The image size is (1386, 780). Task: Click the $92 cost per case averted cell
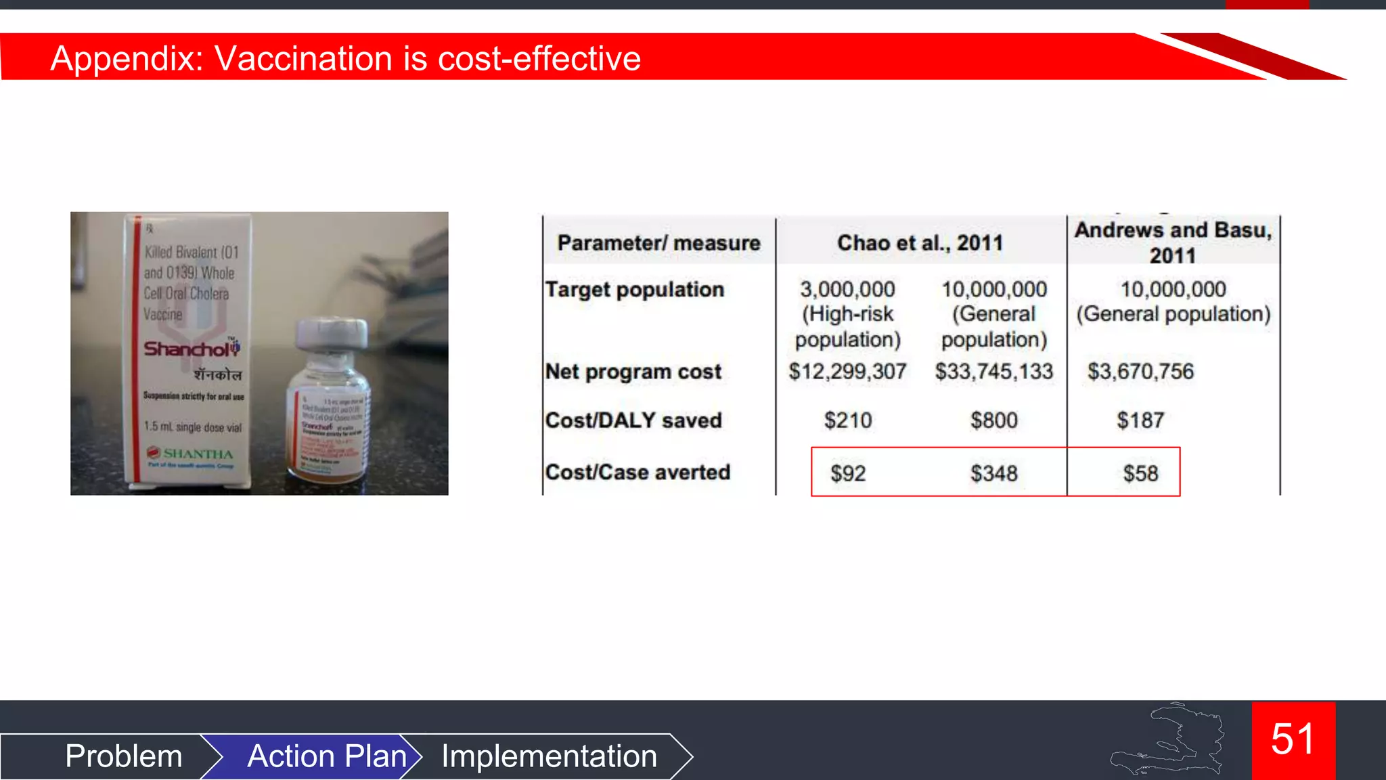(848, 473)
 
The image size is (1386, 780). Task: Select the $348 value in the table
(993, 473)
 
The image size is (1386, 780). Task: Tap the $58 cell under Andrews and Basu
(1140, 473)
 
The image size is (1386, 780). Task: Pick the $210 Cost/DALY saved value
(848, 420)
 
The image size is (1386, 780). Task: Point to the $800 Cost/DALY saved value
(993, 420)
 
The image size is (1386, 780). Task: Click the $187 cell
(1140, 420)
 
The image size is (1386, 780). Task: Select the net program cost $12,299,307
(847, 371)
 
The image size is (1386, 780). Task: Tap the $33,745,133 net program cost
(993, 371)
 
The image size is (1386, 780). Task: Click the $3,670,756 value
(1140, 371)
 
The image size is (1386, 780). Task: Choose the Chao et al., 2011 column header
(920, 242)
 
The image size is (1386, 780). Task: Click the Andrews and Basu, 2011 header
(1173, 242)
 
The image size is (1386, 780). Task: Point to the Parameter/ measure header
(658, 242)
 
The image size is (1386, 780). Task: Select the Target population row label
(634, 290)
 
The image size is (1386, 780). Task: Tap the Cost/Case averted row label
(638, 472)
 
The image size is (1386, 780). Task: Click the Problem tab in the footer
(124, 756)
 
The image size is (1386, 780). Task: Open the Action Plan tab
(327, 756)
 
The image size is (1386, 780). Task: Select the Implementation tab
(549, 756)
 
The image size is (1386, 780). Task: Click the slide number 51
(1293, 739)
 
